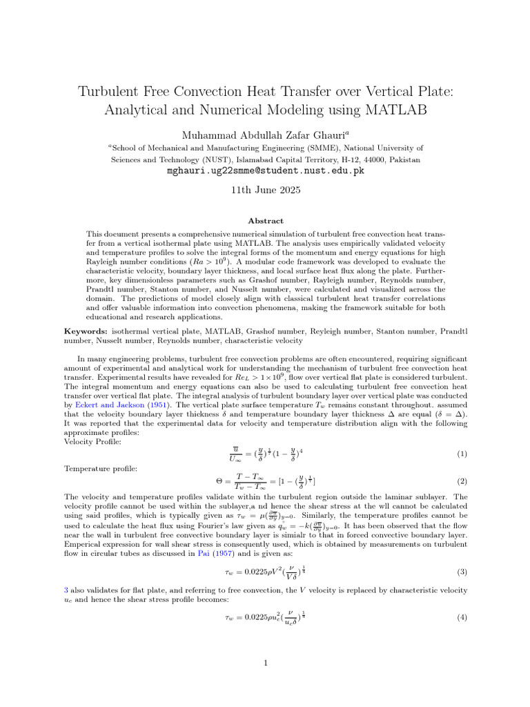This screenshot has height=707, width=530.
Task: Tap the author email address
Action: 265,171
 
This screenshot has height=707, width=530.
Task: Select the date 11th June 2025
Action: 265,191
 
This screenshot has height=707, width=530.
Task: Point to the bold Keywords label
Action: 86,332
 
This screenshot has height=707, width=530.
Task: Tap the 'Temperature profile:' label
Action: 99,469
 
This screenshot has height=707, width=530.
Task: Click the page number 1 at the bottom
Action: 265,664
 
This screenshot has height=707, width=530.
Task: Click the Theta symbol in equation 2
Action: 219,481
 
